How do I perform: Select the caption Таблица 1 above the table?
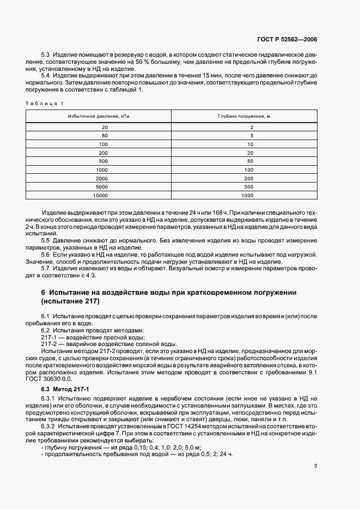[x=45, y=103]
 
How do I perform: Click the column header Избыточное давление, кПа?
[x=99, y=117]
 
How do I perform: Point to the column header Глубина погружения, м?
[x=245, y=117]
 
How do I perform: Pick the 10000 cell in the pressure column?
[x=101, y=195]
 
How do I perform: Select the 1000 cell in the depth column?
[x=248, y=195]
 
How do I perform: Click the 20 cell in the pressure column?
[x=105, y=127]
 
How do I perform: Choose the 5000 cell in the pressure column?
[x=102, y=186]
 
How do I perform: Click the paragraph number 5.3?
[x=45, y=56]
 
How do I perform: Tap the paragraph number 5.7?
[x=45, y=269]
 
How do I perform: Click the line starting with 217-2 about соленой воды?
[x=109, y=344]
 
